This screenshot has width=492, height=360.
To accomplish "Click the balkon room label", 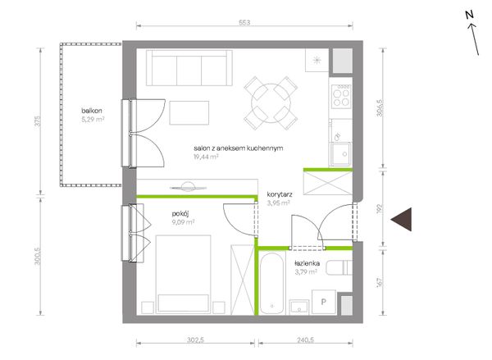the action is (92, 111).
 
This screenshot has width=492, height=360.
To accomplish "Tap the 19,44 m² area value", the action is (206, 157).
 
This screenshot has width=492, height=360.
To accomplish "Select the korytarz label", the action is (280, 194).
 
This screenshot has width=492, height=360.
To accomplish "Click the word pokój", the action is (180, 214).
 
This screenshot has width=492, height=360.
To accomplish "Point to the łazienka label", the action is (307, 263).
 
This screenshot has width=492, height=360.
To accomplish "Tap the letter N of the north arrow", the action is (469, 15).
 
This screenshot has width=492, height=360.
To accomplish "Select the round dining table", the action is (271, 103).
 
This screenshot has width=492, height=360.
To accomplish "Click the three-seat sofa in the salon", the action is (189, 68).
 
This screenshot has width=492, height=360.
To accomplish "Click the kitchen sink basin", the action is (340, 154).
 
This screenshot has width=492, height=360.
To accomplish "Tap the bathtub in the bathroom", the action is (271, 284).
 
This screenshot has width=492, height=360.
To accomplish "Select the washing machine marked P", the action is (324, 302).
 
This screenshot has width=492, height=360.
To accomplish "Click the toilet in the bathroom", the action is (339, 267).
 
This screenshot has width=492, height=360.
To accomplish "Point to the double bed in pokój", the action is (183, 275).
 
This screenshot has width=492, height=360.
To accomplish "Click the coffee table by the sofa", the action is (189, 113).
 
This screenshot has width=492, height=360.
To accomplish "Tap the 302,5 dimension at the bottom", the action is (195, 340).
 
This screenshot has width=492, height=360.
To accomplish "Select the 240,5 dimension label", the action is (305, 340).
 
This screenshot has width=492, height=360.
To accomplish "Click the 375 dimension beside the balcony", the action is (38, 121).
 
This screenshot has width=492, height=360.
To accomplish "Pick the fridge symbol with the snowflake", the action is (317, 61).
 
